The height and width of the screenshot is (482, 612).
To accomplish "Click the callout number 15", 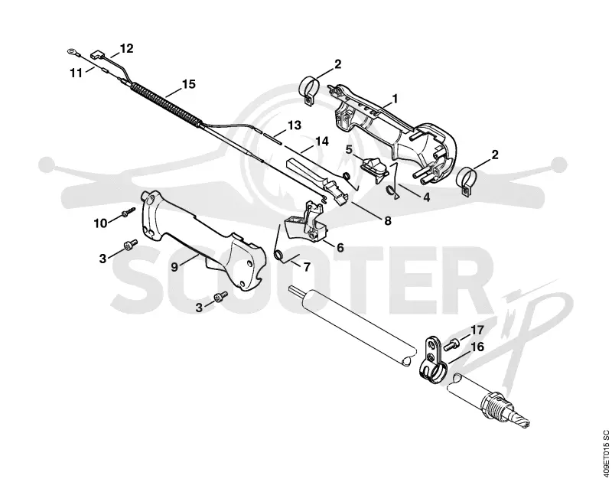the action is pyautogui.click(x=189, y=84).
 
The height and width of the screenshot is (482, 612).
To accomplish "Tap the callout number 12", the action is pyautogui.click(x=126, y=48).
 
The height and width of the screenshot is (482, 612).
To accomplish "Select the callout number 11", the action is pyautogui.click(x=76, y=73).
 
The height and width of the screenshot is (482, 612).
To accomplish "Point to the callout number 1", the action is pyautogui.click(x=395, y=99).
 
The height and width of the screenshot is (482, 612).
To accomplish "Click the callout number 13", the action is pyautogui.click(x=295, y=125).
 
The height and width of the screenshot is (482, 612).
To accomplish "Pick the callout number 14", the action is pyautogui.click(x=322, y=141).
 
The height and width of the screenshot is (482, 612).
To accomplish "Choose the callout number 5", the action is pyautogui.click(x=349, y=149).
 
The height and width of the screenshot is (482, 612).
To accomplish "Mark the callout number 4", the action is pyautogui.click(x=427, y=197).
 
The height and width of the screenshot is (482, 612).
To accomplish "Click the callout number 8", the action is pyautogui.click(x=388, y=221).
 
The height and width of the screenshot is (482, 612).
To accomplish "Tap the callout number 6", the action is pyautogui.click(x=340, y=247).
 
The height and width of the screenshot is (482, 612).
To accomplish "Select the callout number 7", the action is pyautogui.click(x=307, y=267).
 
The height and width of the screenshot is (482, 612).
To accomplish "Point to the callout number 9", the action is pyautogui.click(x=174, y=267).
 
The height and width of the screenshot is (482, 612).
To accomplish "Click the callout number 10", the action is pyautogui.click(x=100, y=223).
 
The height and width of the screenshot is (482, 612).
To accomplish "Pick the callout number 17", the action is pyautogui.click(x=477, y=331).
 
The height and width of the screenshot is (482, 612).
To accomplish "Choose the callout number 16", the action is pyautogui.click(x=477, y=347).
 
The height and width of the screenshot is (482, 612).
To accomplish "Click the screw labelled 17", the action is pyautogui.click(x=451, y=344).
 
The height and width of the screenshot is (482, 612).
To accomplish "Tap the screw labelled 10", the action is pyautogui.click(x=128, y=213).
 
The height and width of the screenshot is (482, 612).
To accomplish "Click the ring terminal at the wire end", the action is pyautogui.click(x=72, y=51).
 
